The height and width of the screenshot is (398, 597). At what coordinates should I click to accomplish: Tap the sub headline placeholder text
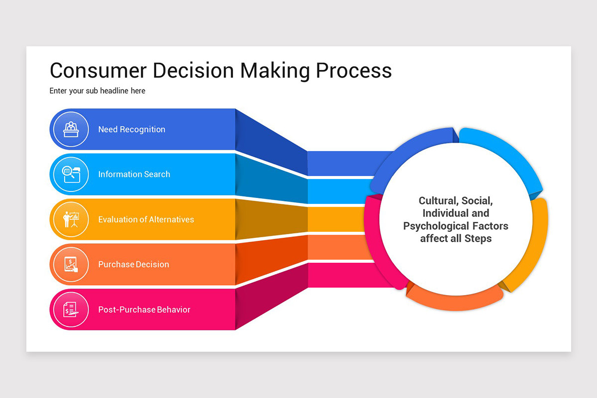98,91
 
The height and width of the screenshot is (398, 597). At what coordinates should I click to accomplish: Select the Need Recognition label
131,129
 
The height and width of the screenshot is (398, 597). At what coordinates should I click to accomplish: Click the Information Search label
134,174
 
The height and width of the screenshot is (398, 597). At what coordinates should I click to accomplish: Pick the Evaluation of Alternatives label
146,219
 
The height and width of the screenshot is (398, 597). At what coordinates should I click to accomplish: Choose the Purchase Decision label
133,264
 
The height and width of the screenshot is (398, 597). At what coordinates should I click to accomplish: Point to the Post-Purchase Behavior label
144,309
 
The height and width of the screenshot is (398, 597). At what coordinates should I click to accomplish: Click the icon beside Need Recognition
71,129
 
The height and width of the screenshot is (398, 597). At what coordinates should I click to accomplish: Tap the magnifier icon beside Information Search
71,174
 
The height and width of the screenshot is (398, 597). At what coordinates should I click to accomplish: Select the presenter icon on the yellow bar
71,219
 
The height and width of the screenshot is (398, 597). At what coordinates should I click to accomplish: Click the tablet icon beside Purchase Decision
71,264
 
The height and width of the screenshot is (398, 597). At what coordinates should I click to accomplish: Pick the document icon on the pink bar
71,309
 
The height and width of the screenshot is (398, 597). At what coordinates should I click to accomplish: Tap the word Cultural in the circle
437,201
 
